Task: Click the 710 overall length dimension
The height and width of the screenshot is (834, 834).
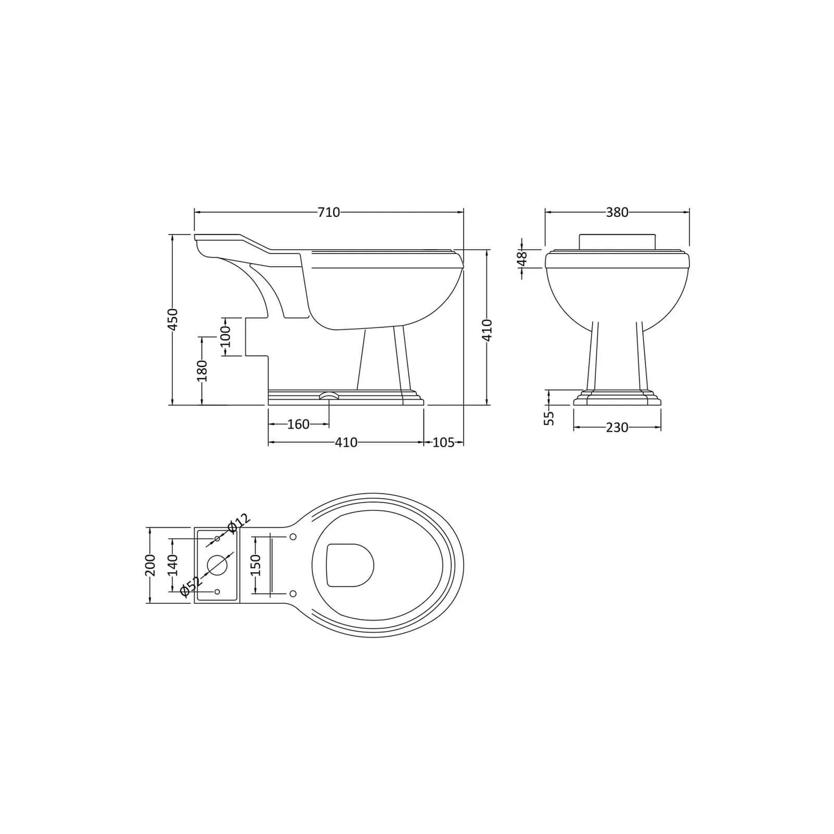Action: point(329,212)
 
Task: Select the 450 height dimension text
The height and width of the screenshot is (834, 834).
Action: point(173,320)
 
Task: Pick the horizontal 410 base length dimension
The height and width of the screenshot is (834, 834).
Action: point(346,443)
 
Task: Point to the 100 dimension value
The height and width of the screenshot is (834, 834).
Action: point(225,336)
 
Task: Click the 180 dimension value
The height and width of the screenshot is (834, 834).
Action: point(202,371)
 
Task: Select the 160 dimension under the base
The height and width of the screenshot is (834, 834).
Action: point(298,424)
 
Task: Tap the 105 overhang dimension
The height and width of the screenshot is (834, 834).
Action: point(443,443)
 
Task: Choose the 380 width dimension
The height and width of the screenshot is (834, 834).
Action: point(617,212)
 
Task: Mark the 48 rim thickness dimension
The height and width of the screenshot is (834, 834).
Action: point(522,259)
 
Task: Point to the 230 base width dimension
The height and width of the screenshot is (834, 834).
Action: point(617,428)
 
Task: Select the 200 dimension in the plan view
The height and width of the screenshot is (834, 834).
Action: point(150,565)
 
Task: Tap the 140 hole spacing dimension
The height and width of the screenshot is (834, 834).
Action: point(172,565)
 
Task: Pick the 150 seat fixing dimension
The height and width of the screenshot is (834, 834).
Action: point(255,565)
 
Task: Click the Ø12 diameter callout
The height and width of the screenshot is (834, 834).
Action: point(240,522)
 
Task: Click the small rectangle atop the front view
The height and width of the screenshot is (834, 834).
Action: point(617,241)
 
